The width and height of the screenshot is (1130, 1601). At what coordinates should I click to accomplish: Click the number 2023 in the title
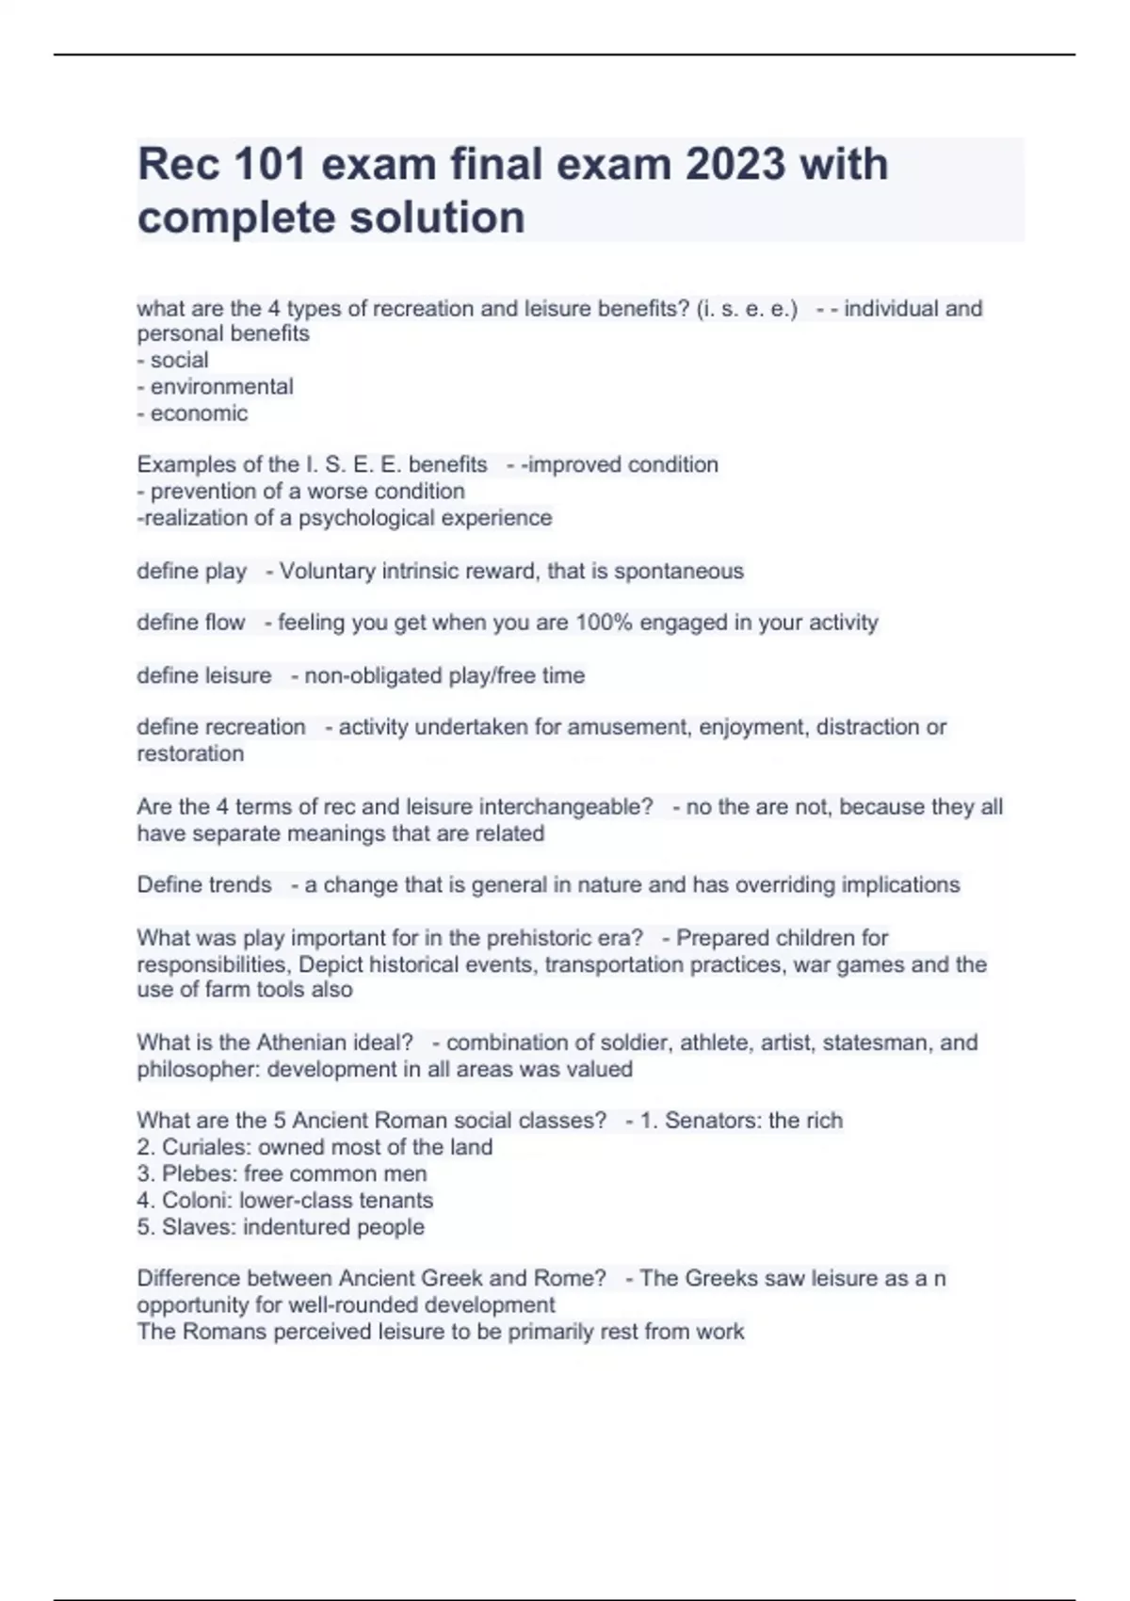coord(734,165)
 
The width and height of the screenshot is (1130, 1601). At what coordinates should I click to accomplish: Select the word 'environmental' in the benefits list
coord(222,386)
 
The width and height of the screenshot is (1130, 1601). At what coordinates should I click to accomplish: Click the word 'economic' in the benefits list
coord(200,412)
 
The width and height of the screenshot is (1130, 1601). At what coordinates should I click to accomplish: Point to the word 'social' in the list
coord(180,360)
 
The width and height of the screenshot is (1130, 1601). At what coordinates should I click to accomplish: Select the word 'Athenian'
coord(301,1043)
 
